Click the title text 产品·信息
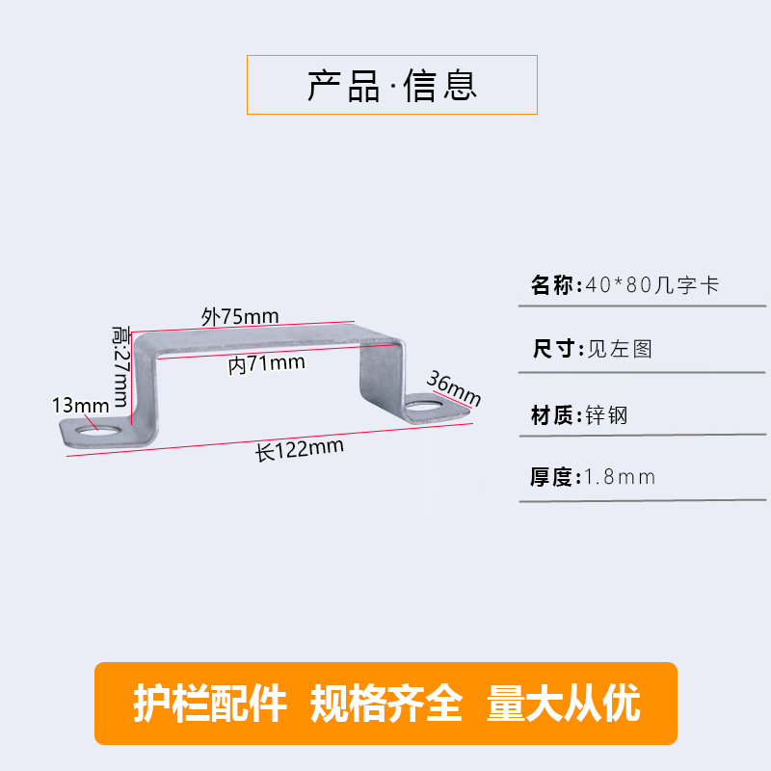click(392, 86)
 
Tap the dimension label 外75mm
click(240, 316)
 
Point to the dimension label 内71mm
click(267, 363)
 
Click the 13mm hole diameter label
click(81, 405)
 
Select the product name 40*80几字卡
click(652, 285)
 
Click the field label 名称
click(553, 285)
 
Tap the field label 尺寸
click(553, 349)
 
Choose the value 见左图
click(620, 349)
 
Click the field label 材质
click(553, 416)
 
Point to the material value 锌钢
click(607, 416)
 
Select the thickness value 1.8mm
click(621, 477)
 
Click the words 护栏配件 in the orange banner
click(209, 705)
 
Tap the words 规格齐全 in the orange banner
click(385, 705)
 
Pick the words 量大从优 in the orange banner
click(564, 705)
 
